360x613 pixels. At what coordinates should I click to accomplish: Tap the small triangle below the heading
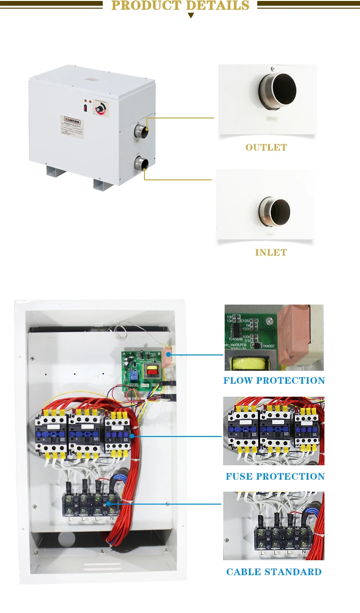click(x=191, y=16)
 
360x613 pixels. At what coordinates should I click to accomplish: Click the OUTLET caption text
click(x=266, y=147)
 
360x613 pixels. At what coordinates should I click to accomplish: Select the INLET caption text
click(x=271, y=252)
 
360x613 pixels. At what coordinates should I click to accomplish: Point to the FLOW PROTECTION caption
click(x=274, y=380)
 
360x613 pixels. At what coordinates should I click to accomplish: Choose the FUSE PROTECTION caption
click(x=275, y=476)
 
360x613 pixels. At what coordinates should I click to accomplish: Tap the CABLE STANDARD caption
click(x=274, y=572)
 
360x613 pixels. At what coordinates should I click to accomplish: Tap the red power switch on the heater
click(x=85, y=108)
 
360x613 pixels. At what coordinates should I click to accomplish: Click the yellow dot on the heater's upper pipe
click(x=147, y=129)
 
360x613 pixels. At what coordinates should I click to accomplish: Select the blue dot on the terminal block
click(x=107, y=504)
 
